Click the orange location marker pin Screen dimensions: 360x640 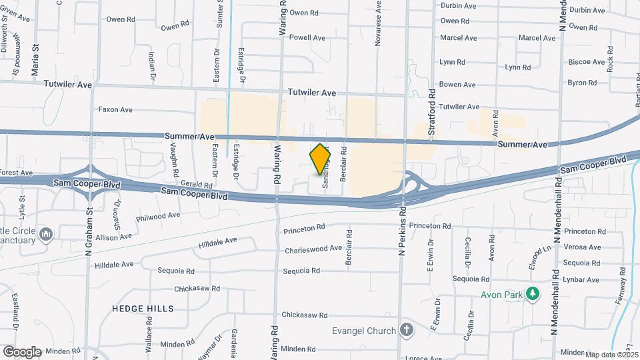pos(321,160)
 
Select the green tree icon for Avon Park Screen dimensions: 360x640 pos(532,294)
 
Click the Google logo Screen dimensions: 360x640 pos(21,351)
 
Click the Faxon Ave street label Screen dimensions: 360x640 pos(115,109)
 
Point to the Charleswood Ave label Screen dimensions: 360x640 pos(313,250)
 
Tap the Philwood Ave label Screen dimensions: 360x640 pos(158,216)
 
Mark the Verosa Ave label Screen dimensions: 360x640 pos(582,247)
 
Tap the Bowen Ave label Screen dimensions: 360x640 pos(457,85)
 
